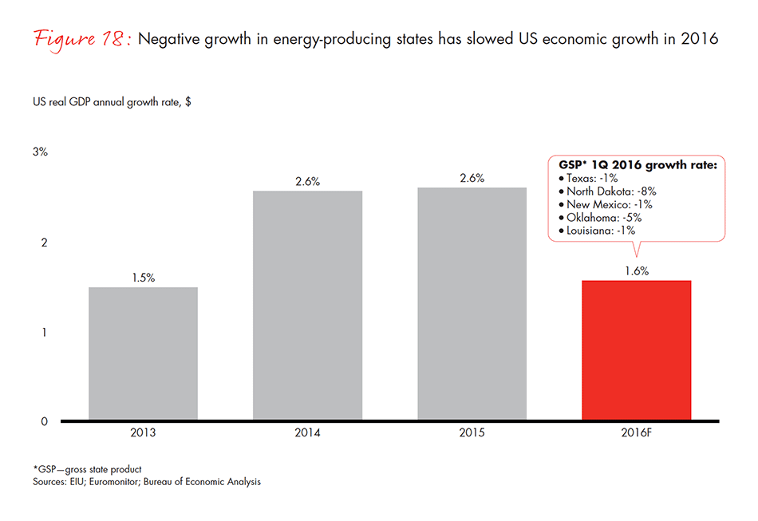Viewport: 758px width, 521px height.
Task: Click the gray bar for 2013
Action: pyautogui.click(x=143, y=353)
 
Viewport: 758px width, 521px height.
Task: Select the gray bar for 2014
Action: pyautogui.click(x=307, y=305)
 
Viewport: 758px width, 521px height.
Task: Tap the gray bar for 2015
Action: pyautogui.click(x=472, y=303)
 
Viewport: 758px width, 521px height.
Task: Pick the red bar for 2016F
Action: pyautogui.click(x=636, y=350)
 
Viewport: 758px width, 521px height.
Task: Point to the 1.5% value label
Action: pyautogui.click(x=143, y=278)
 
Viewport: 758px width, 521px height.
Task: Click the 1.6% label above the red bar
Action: pyautogui.click(x=636, y=271)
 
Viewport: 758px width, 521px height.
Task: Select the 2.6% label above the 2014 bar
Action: pyautogui.click(x=307, y=181)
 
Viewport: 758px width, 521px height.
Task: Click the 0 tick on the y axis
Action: pyautogui.click(x=45, y=421)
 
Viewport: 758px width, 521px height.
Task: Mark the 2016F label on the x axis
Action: pyautogui.click(x=636, y=435)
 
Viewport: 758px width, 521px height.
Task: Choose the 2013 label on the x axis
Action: pyautogui.click(x=143, y=435)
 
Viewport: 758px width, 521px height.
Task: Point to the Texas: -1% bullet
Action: pyautogui.click(x=587, y=179)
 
